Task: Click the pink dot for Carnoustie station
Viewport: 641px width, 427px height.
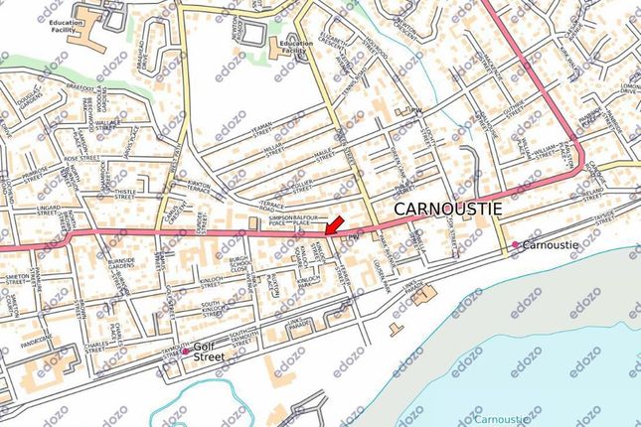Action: (515, 245)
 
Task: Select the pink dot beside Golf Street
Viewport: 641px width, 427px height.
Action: (185, 352)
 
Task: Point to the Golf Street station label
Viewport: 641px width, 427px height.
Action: (210, 352)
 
